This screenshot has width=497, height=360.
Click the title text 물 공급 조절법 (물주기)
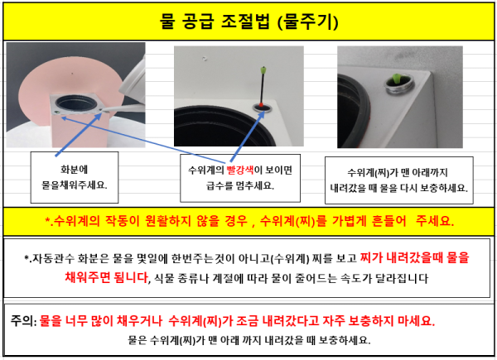[248, 22]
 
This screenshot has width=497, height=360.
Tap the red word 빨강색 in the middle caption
[240, 170]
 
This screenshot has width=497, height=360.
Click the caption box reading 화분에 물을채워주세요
[75, 177]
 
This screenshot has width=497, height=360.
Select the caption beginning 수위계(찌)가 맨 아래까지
[399, 180]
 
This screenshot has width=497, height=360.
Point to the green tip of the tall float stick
[263, 70]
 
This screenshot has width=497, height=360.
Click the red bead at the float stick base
[261, 105]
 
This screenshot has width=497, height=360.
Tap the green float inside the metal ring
[396, 79]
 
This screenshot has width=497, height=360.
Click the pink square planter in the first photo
[79, 120]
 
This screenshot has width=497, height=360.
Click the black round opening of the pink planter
[76, 103]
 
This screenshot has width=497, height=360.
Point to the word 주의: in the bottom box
[24, 321]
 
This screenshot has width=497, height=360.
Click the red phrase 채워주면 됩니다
[107, 277]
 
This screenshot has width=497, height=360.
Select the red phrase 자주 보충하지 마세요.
[379, 321]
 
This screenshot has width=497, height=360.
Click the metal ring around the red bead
[263, 108]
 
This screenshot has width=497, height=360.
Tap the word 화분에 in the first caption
[75, 170]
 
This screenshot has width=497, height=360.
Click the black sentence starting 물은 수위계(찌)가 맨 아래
[249, 340]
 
